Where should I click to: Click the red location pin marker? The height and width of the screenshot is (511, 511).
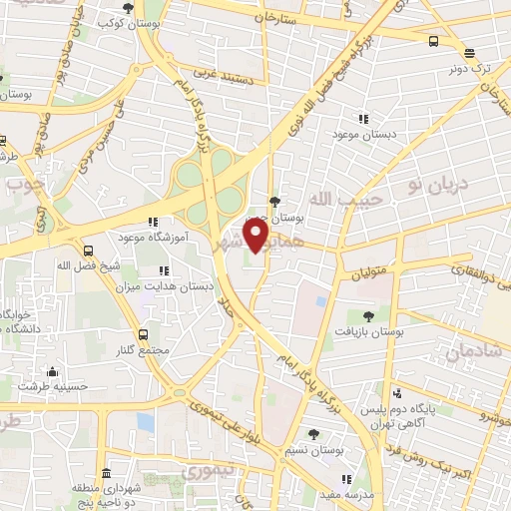point(256,237)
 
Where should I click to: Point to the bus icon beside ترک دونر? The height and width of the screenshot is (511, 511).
point(433,41)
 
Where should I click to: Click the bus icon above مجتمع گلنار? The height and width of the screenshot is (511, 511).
point(144,334)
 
